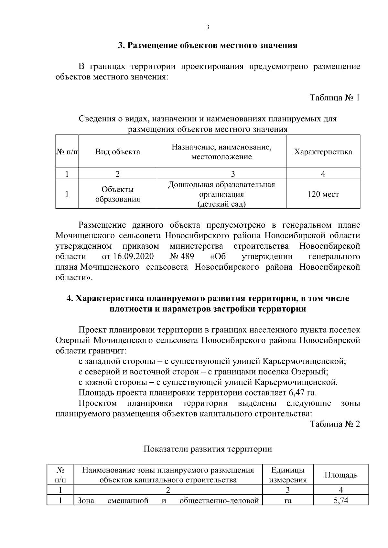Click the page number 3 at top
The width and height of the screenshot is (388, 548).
[x=208, y=27]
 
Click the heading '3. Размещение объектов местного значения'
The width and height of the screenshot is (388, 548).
[x=207, y=46]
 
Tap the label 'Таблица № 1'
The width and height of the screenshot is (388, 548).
[x=335, y=98]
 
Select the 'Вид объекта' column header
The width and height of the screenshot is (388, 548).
[x=118, y=152]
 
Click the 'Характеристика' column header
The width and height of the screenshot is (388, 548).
[x=323, y=152]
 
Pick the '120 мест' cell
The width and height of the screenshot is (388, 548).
[x=323, y=194]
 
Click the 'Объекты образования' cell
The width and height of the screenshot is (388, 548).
[x=118, y=194]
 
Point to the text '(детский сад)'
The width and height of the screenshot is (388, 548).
[x=221, y=204]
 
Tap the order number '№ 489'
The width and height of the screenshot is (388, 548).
[x=182, y=257]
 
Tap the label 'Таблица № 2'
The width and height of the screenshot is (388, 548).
[x=335, y=424]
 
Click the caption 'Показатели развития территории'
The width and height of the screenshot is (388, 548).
[x=208, y=449]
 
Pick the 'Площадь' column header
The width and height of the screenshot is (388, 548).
[x=341, y=475]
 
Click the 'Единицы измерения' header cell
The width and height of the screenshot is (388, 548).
[x=288, y=475]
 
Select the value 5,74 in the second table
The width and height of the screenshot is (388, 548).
[x=341, y=501]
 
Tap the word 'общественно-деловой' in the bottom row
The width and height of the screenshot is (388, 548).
[x=219, y=501]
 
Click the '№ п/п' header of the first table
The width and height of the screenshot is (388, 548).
[x=67, y=152]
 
